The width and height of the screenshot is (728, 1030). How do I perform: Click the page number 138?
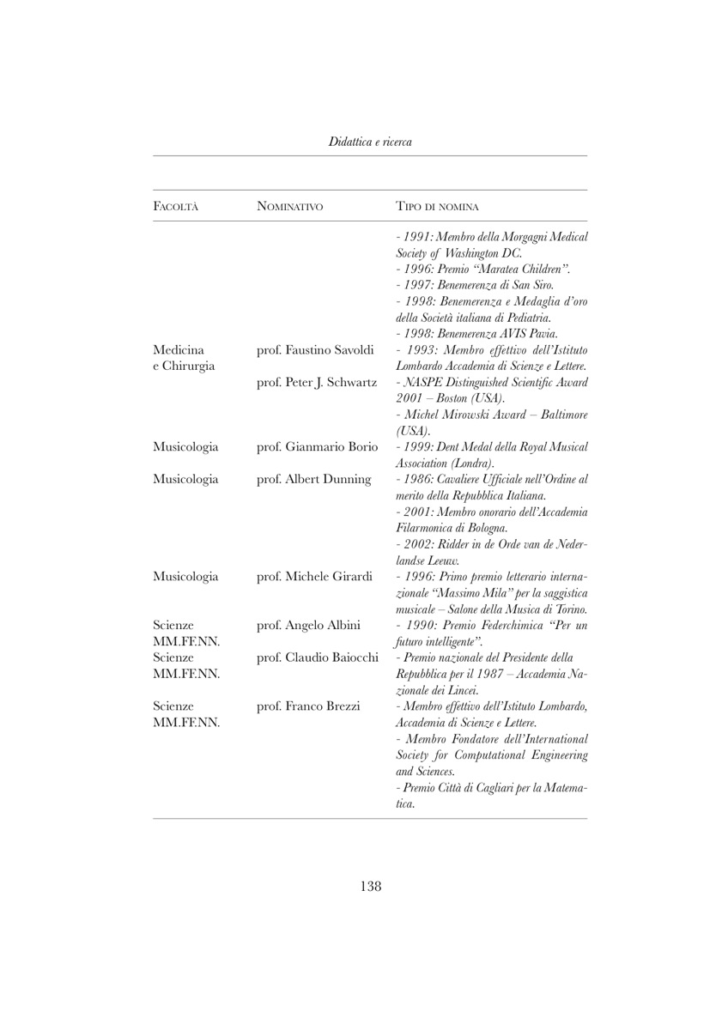(x=370, y=886)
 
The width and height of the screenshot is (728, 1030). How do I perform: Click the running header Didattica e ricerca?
(x=370, y=142)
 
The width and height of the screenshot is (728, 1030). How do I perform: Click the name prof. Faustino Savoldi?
(x=313, y=349)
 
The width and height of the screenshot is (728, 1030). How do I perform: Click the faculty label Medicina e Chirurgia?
(x=181, y=357)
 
